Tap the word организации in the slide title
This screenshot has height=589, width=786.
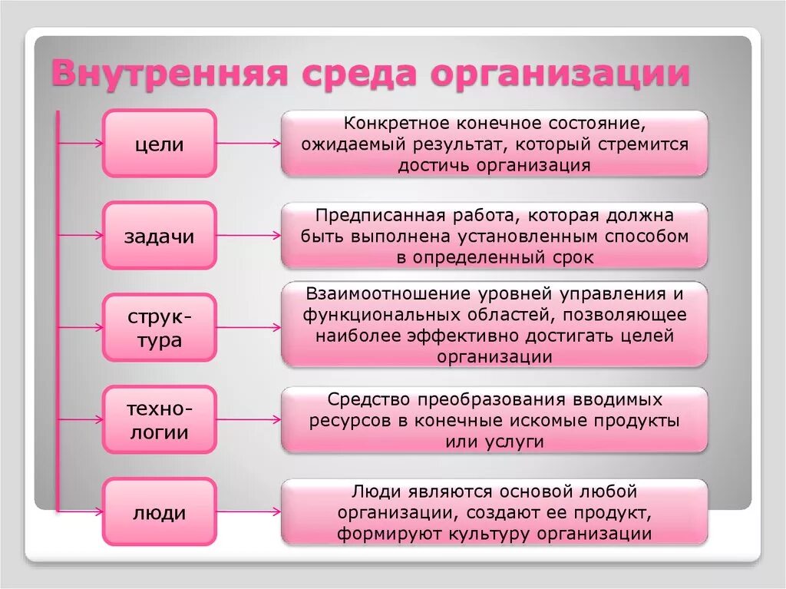tap(559, 74)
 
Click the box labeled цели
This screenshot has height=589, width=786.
tap(160, 144)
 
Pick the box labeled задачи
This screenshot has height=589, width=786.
tap(160, 236)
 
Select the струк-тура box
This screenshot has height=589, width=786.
tap(160, 328)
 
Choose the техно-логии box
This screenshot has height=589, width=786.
tap(160, 420)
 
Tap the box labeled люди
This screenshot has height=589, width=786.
tap(160, 512)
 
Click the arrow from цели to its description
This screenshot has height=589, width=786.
tap(249, 144)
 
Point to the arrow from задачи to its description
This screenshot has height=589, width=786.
tap(249, 236)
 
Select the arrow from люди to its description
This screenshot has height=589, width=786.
tap(249, 512)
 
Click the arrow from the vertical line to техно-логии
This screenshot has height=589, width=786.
tap(81, 420)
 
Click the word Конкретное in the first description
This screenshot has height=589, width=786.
tap(391, 123)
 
